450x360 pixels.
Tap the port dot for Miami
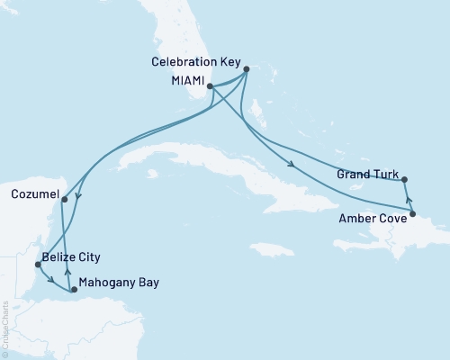click(x=210, y=86)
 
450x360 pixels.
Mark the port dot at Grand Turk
click(x=405, y=179)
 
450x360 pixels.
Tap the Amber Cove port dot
click(x=413, y=213)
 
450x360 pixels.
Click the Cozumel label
click(x=37, y=193)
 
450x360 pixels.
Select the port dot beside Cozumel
click(x=64, y=200)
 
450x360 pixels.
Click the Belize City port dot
click(x=37, y=265)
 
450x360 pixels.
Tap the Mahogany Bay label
click(x=119, y=283)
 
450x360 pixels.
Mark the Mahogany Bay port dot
click(x=74, y=290)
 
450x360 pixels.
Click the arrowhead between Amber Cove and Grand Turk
click(x=409, y=199)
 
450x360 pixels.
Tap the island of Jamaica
click(x=264, y=247)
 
